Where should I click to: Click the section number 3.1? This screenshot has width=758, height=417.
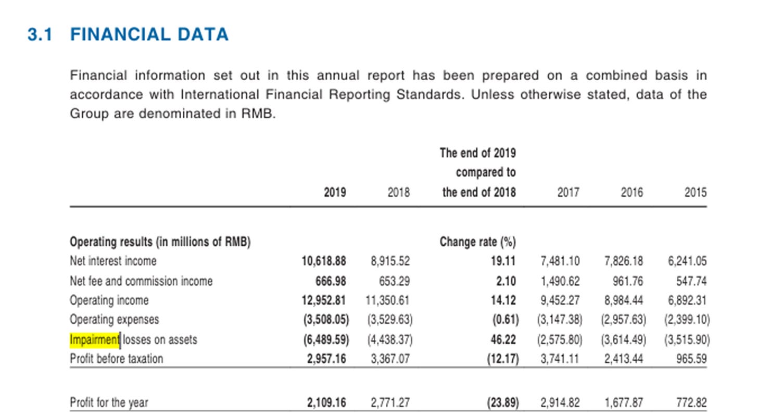(x=40, y=35)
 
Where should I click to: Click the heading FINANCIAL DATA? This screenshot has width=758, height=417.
(x=149, y=35)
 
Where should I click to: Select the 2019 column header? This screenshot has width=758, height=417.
(x=335, y=193)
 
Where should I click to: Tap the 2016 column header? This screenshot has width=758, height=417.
(x=631, y=193)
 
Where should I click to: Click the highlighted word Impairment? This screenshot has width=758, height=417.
(x=95, y=340)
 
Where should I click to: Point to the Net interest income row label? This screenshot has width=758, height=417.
(x=113, y=261)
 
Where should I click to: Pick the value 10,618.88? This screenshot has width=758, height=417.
(x=324, y=261)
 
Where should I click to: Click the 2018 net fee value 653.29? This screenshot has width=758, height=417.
(x=394, y=281)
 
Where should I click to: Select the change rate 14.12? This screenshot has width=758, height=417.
(x=506, y=300)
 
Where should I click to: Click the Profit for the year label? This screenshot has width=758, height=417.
(x=109, y=402)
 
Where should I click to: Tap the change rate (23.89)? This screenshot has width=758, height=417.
(x=503, y=402)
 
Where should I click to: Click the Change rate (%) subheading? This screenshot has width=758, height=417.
(x=477, y=242)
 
